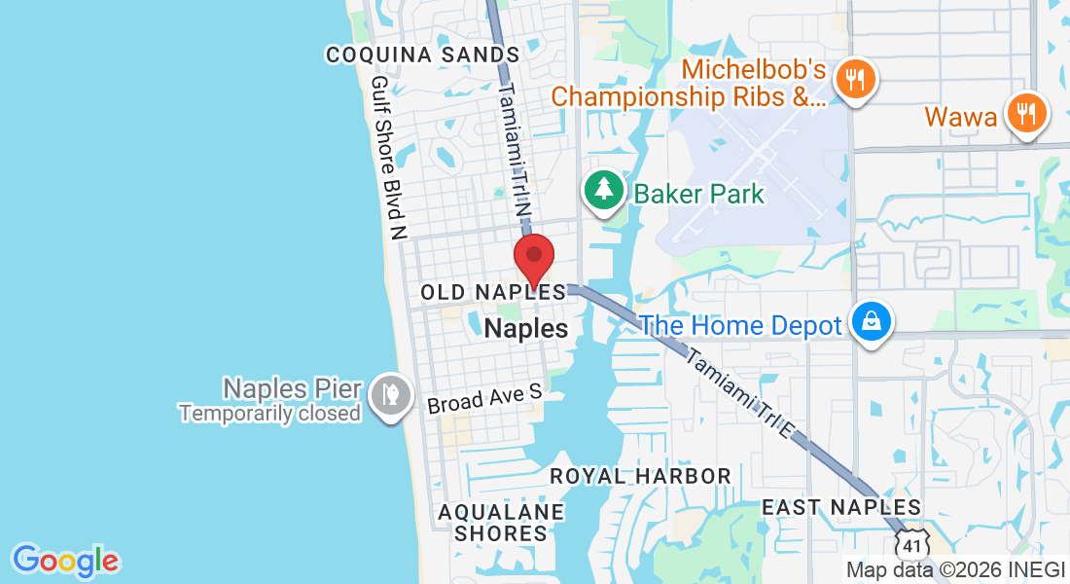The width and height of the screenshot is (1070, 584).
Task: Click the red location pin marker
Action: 533,258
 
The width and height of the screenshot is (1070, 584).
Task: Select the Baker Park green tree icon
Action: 603,189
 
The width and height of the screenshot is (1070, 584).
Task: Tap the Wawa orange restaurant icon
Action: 1026,113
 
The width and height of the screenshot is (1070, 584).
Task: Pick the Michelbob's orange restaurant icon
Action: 856,80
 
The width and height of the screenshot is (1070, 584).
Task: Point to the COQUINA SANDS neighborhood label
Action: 422,55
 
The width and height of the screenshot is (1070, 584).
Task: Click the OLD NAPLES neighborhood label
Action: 492,292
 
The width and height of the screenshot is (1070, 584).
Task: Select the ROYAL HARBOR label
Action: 640,476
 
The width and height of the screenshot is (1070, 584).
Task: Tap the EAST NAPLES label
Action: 840,507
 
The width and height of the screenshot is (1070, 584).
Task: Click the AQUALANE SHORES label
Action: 500,523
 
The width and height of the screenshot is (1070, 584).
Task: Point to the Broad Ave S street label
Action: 483,398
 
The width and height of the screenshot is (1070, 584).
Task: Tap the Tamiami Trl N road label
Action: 516,151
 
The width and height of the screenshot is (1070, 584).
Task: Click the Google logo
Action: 65,561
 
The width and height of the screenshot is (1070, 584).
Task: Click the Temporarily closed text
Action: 269,413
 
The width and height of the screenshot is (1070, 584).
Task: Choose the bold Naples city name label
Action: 525,328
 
